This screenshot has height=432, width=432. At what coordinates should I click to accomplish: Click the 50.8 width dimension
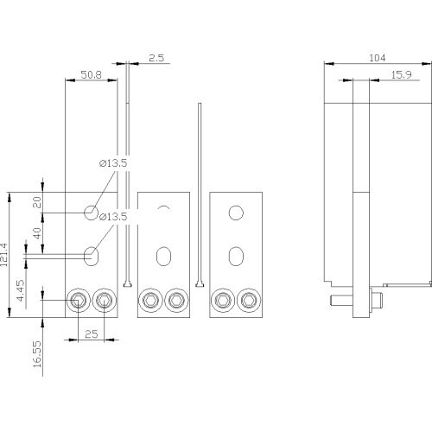[x=91, y=75]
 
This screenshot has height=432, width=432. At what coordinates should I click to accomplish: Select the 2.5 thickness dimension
[x=156, y=58]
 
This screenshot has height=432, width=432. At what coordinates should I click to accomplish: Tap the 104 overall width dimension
[x=378, y=58]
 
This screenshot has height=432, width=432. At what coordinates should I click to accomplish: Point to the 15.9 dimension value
[x=402, y=75]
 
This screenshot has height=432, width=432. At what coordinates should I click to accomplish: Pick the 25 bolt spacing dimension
[x=92, y=334]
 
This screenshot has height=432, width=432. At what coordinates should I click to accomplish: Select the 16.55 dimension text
[x=37, y=354]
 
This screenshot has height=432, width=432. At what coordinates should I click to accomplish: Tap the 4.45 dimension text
[x=21, y=290]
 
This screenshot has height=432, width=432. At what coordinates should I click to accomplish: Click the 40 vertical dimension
[x=37, y=233]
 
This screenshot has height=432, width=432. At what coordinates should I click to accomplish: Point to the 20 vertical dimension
[x=37, y=202]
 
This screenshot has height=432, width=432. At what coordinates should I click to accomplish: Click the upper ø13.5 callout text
[x=113, y=163]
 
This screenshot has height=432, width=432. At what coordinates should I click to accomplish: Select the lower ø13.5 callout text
[x=113, y=217]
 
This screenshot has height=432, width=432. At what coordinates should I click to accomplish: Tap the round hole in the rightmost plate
[x=236, y=213]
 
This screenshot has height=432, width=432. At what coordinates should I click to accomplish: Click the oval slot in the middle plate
[x=163, y=256]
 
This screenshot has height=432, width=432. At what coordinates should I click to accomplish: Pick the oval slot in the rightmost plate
[x=236, y=256]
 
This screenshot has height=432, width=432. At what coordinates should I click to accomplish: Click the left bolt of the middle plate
[x=150, y=301]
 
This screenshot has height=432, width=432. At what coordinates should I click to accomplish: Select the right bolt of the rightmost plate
[x=249, y=301]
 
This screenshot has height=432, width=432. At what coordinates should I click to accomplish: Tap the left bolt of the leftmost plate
[x=78, y=301]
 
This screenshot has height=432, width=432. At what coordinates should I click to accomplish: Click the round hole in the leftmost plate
[x=91, y=213]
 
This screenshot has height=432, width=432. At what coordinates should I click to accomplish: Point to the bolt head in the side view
[x=376, y=301]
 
